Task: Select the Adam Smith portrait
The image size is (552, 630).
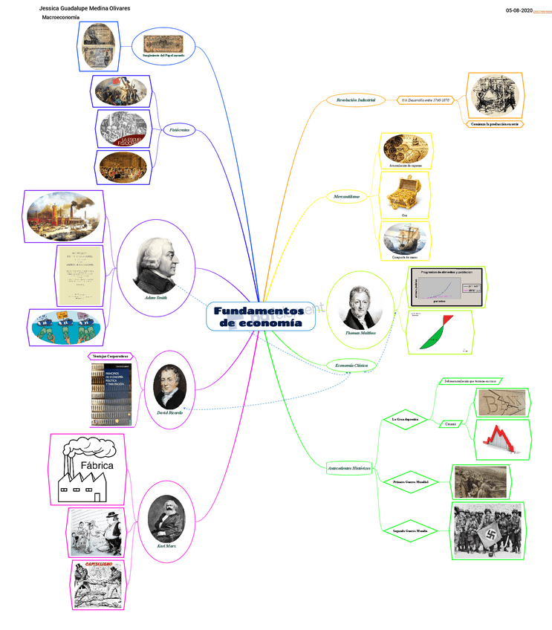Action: pos(157,266)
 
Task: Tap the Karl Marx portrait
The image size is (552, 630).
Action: pos(166,518)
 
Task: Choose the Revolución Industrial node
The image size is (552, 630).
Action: pos(356,100)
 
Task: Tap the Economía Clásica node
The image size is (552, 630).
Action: pos(351,365)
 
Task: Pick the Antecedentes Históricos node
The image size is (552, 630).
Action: pos(349,468)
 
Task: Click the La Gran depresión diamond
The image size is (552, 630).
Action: pos(406,419)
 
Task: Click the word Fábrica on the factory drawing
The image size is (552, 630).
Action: pos(96,465)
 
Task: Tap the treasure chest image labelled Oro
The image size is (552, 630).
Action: pos(405,195)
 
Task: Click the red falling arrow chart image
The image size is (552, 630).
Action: pos(502,438)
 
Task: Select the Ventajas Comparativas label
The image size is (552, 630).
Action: pos(109,357)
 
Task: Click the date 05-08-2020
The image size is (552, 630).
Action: pos(519,10)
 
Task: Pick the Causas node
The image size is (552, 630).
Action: pos(450,423)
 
